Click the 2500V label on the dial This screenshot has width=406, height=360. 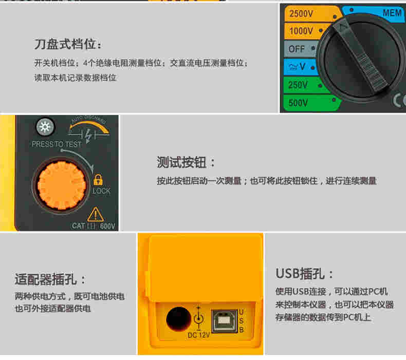tap(301, 13)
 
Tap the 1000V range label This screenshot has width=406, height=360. tap(301, 31)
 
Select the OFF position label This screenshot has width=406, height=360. tap(297, 49)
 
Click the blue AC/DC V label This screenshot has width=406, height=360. tap(297, 67)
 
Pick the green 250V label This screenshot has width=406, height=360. tap(298, 85)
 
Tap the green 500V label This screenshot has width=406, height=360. tap(298, 103)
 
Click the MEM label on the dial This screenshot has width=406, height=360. tap(392, 13)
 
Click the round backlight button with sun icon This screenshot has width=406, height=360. tap(45, 127)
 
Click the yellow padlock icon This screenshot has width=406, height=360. tap(98, 179)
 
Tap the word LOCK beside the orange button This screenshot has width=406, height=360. tap(102, 191)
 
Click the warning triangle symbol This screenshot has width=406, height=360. tap(96, 214)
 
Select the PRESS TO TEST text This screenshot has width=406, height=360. tap(57, 144)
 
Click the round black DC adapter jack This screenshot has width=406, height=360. tap(178, 319)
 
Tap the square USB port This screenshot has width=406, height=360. tap(224, 321)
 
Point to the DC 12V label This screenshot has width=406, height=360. tap(198, 335)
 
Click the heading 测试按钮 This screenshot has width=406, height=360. tap(186, 162)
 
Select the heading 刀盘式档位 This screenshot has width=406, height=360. tap(68, 44)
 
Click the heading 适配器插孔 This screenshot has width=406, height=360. tap(50, 279)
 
